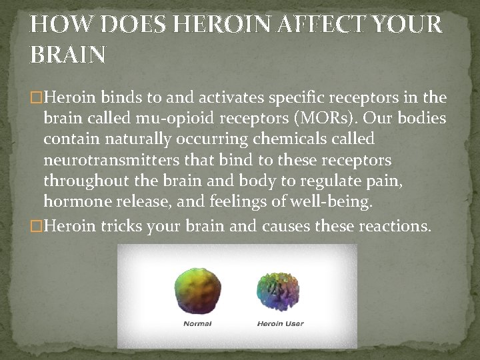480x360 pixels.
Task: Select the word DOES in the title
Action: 127,25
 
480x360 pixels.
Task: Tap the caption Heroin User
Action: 280,324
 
